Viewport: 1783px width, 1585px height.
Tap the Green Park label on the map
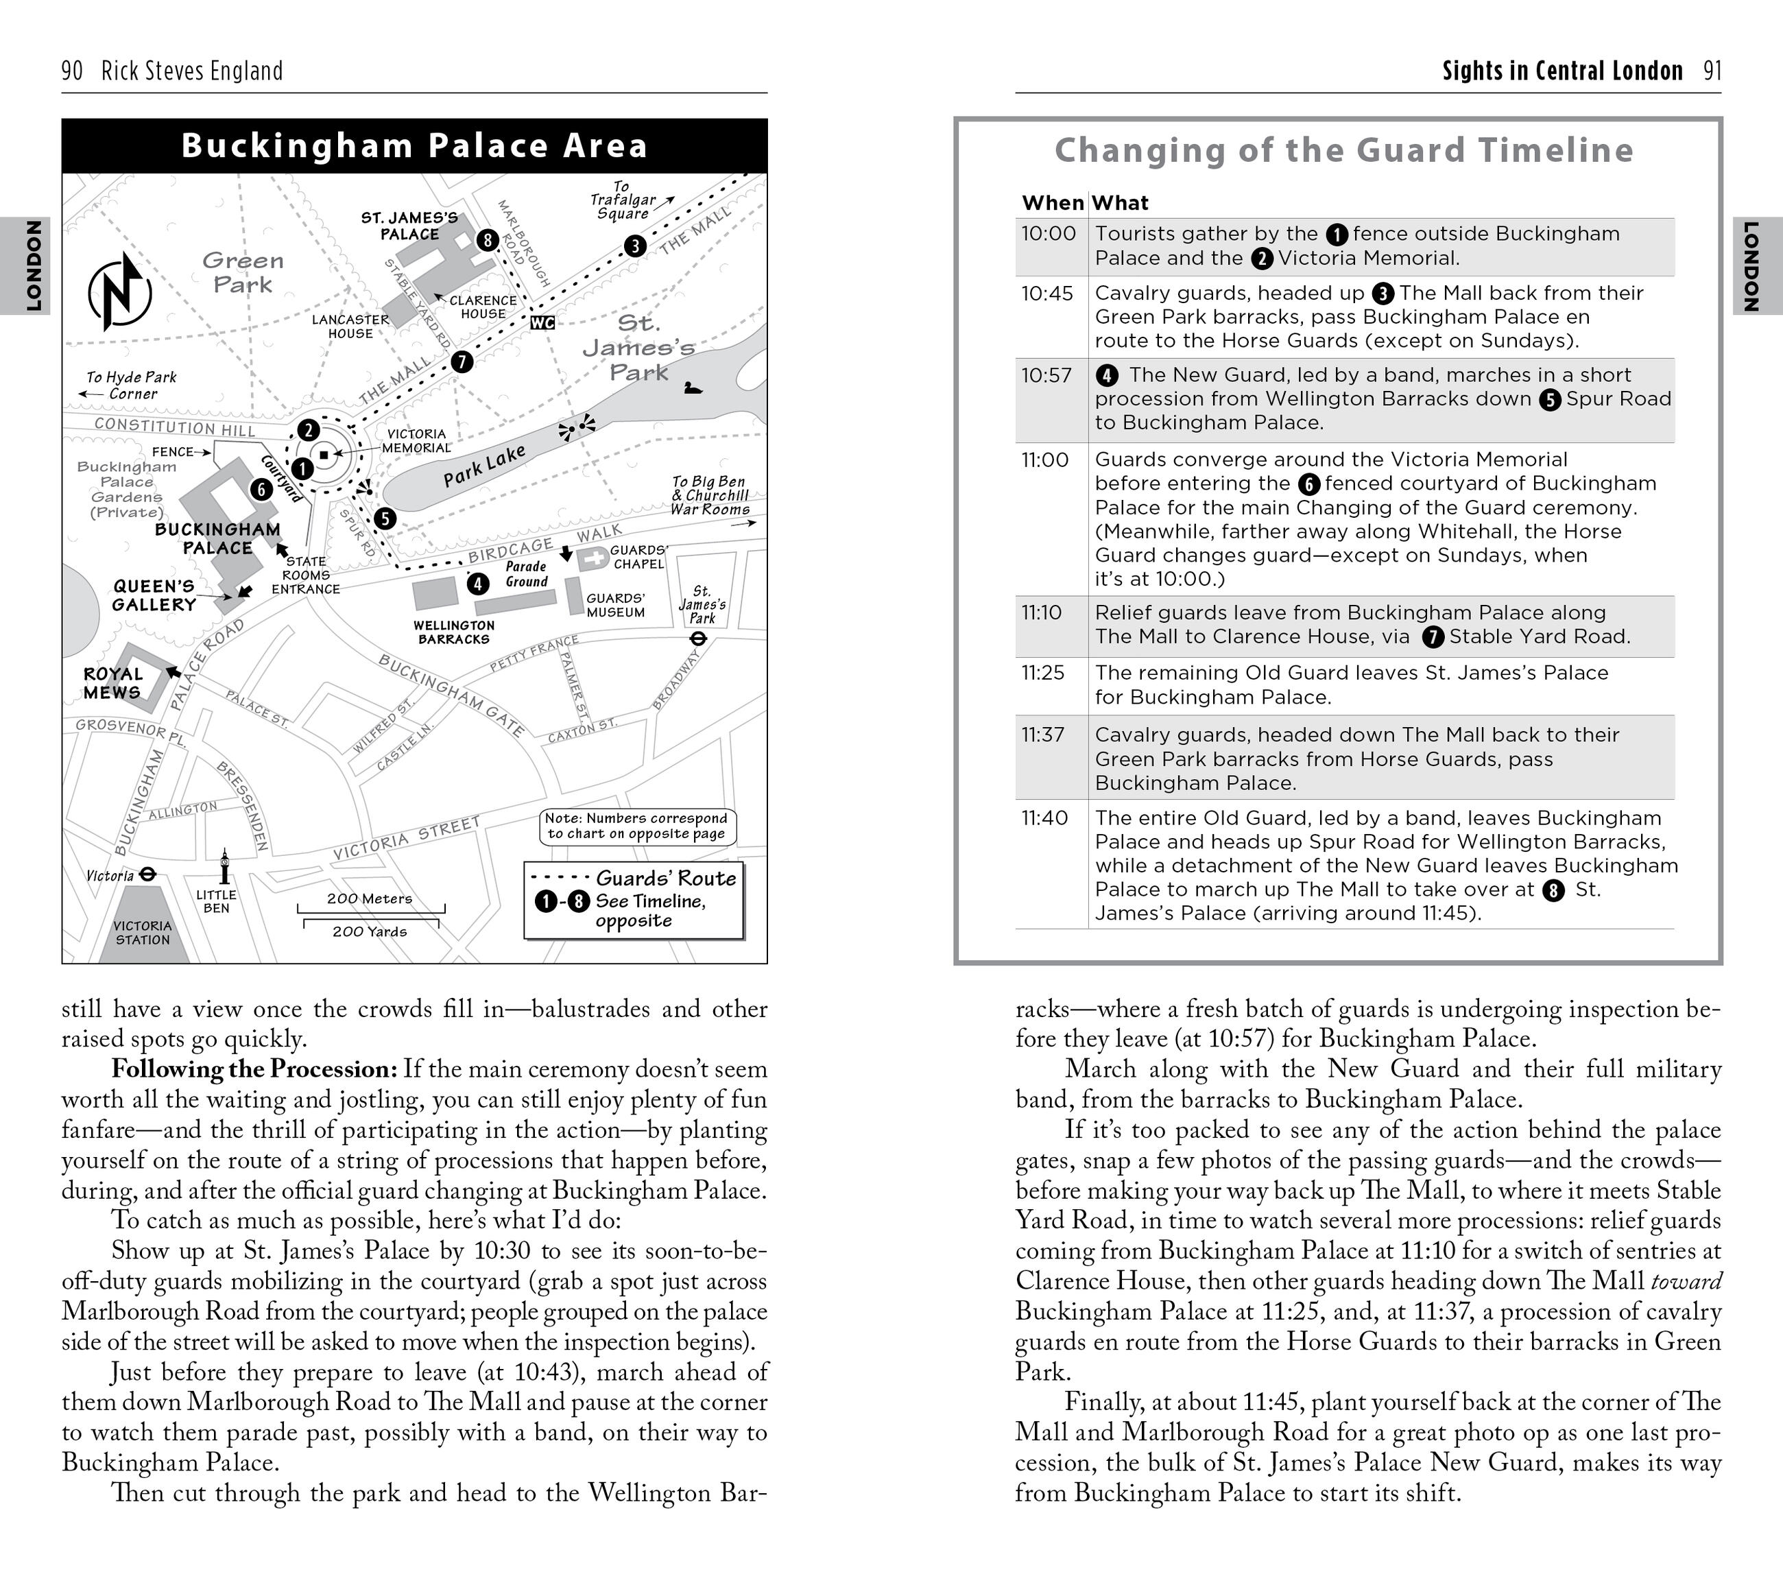[x=243, y=272]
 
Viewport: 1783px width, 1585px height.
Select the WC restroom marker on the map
[x=542, y=323]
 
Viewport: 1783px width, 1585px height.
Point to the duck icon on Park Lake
[x=693, y=388]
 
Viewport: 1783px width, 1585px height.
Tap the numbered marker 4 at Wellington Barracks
[x=478, y=584]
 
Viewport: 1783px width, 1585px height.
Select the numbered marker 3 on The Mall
[x=635, y=246]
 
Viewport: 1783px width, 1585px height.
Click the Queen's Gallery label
[x=154, y=595]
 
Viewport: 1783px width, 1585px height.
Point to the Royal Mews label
[x=112, y=683]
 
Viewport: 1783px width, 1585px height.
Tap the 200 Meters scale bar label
[x=369, y=898]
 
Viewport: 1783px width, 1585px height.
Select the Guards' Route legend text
[x=666, y=879]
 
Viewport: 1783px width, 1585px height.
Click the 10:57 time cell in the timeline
[x=1046, y=375]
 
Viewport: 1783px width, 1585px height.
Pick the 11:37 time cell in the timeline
[x=1043, y=735]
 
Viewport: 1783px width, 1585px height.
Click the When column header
[x=1052, y=203]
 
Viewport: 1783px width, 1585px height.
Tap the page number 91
[x=1712, y=71]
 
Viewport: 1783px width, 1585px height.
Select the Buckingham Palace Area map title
[x=414, y=145]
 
